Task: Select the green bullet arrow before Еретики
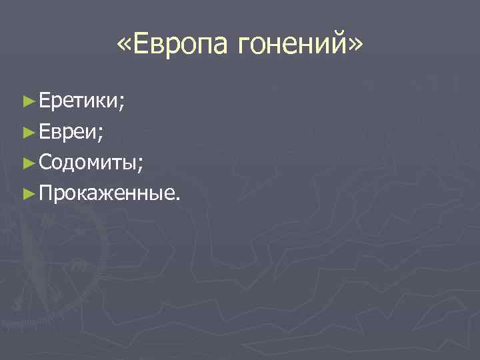[x=27, y=101]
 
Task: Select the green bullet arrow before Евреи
[x=27, y=132]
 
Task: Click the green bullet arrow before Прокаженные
[x=27, y=193]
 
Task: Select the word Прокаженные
[x=106, y=193]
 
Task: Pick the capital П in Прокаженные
[x=46, y=193]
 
